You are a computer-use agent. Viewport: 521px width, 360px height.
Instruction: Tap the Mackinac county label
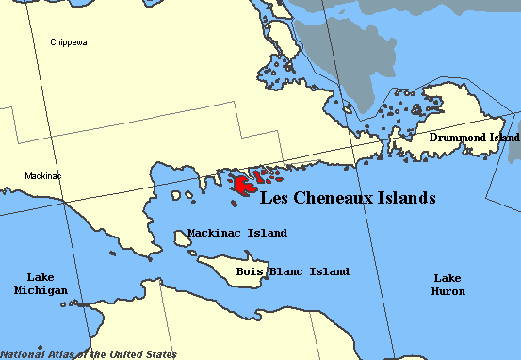pyautogui.click(x=42, y=175)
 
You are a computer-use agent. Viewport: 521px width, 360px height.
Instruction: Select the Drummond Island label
pyautogui.click(x=474, y=138)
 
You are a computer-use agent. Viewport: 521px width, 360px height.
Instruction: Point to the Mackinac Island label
pyautogui.click(x=237, y=232)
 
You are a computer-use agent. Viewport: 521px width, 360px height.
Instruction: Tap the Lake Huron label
pyautogui.click(x=448, y=285)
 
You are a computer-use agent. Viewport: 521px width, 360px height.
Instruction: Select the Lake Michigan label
pyautogui.click(x=41, y=284)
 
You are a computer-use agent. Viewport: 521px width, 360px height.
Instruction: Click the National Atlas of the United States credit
pyautogui.click(x=89, y=354)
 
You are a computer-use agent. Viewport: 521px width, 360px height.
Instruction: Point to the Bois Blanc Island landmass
pyautogui.click(x=236, y=270)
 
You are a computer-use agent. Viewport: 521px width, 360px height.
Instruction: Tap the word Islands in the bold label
pyautogui.click(x=408, y=199)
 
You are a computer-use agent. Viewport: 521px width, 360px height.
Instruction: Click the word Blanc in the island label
pyautogui.click(x=285, y=271)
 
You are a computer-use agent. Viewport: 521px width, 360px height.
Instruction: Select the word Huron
pyautogui.click(x=448, y=292)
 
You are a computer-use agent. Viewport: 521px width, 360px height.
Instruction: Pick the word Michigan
pyautogui.click(x=41, y=290)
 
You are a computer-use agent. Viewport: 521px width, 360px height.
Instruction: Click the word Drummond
pyautogui.click(x=458, y=138)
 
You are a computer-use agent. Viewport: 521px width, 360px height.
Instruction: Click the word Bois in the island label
pyautogui.click(x=250, y=271)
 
